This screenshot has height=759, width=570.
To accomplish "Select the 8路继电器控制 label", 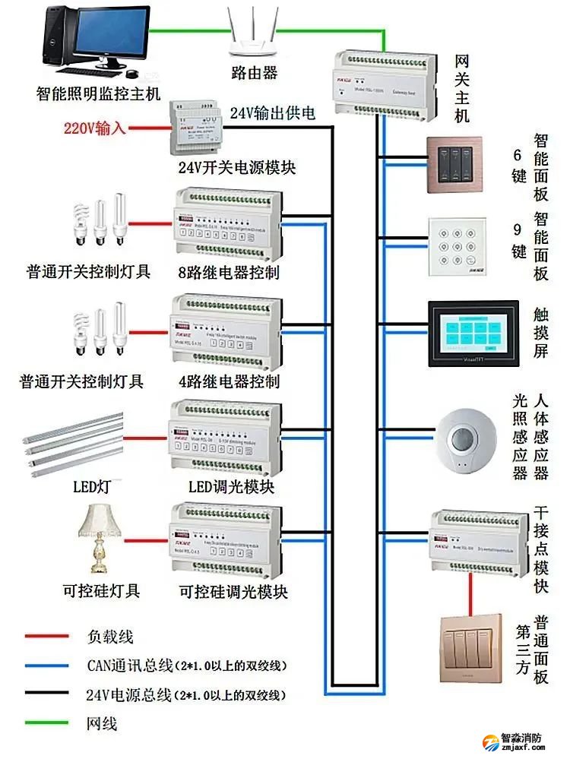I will point(228,272).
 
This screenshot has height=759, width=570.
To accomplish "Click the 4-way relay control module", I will point(225,330).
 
